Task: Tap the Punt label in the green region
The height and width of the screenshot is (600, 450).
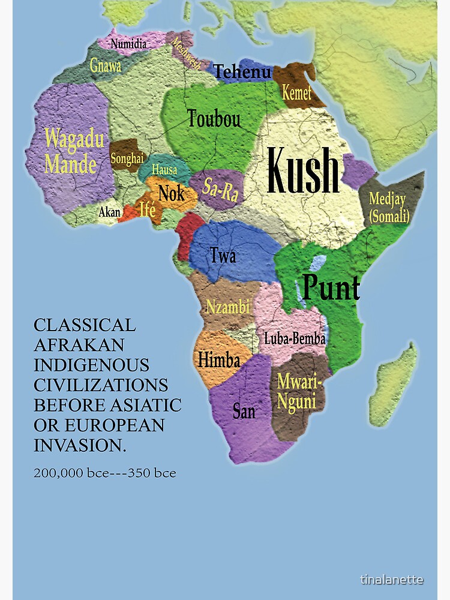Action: coord(331,287)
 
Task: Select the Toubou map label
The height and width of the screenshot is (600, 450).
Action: coord(214,119)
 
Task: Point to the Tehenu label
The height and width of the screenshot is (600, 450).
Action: coord(243,72)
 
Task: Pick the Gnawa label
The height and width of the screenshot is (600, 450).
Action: coord(106,65)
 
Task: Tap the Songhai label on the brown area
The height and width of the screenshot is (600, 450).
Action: coord(127,159)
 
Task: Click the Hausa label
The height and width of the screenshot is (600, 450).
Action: coord(164,170)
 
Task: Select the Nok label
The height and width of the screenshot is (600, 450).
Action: coord(171,193)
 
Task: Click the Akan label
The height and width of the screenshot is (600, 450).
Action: coord(109,212)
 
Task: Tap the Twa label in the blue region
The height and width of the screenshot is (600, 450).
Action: coord(223,256)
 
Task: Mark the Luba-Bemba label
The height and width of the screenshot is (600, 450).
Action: coord(295,338)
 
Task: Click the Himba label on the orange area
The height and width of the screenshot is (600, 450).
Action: coord(219,360)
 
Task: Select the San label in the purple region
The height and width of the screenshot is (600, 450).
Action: coord(244,411)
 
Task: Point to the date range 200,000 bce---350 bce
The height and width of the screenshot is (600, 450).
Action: coord(105,473)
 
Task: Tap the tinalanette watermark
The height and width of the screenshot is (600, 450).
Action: coord(392,580)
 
